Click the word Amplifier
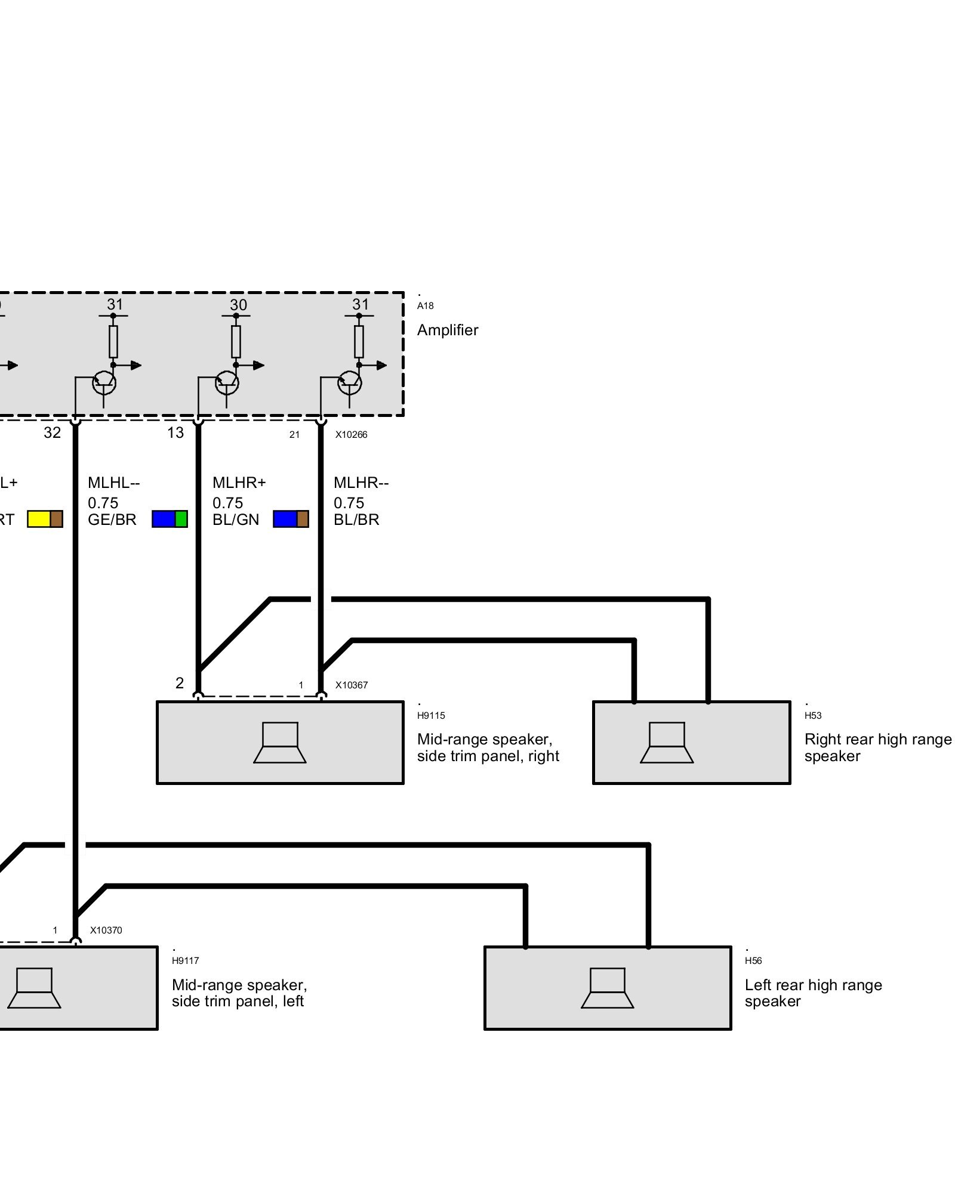[447, 330]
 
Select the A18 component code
[425, 306]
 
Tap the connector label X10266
[351, 435]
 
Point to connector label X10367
[351, 685]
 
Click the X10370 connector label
[106, 930]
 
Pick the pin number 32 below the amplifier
[53, 433]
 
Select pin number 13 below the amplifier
[175, 433]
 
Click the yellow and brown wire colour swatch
[45, 519]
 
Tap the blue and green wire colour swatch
[170, 519]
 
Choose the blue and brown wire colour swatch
[291, 519]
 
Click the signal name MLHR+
[239, 483]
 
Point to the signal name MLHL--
[113, 483]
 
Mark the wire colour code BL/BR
[356, 520]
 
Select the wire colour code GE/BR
[112, 520]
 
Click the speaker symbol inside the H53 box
[667, 743]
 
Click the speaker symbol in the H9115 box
[280, 743]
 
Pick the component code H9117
[185, 961]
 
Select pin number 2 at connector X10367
[180, 683]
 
